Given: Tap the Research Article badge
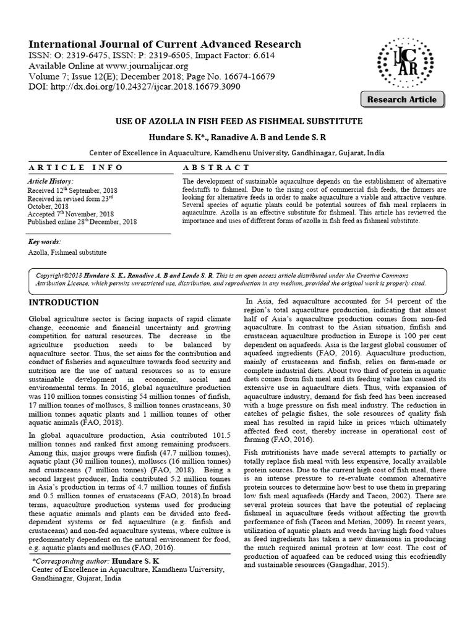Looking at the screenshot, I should coord(401,100).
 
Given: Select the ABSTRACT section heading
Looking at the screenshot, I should coord(217,168).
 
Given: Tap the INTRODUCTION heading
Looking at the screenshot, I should coord(64,302).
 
